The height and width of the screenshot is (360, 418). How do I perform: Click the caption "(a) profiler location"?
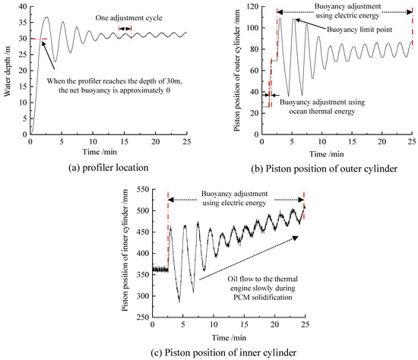click(x=106, y=161)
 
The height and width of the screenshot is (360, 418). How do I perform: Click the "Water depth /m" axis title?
click(x=8, y=67)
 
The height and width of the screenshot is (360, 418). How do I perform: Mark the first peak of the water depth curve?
click(x=46, y=17)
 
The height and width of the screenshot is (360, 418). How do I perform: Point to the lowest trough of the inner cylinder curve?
click(x=179, y=301)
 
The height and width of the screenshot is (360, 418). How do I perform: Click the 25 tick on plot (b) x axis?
click(x=411, y=139)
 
